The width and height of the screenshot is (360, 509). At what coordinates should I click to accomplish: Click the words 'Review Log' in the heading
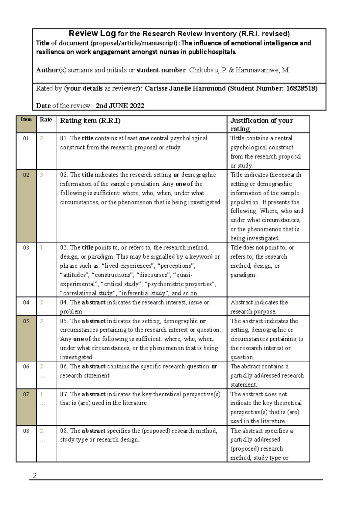click(x=92, y=33)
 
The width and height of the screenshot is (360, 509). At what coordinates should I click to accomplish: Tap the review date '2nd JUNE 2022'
click(x=120, y=106)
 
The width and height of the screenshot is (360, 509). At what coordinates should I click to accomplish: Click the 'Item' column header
click(x=26, y=120)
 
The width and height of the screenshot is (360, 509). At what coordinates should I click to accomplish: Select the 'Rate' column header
click(x=46, y=120)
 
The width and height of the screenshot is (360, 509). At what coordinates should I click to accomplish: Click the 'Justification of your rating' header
click(x=261, y=124)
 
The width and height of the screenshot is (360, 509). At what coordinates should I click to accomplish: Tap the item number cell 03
click(x=26, y=248)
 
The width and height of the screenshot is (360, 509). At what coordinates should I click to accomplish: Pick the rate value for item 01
click(x=41, y=138)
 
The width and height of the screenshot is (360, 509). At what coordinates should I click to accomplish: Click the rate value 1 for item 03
click(x=41, y=248)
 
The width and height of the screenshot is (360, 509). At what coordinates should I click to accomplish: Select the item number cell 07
click(x=26, y=394)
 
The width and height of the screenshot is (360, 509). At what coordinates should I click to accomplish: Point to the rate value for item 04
click(x=41, y=302)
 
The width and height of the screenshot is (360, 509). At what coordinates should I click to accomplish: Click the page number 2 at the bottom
click(x=34, y=475)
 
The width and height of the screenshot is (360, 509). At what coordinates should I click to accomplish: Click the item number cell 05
click(x=26, y=321)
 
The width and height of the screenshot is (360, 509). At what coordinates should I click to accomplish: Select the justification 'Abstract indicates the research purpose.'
click(x=259, y=307)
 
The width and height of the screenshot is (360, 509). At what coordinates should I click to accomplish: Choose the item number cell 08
click(x=26, y=431)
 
